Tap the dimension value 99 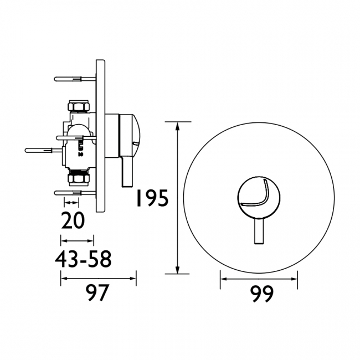pyautogui.click(x=259, y=294)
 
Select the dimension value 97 pyautogui.click(x=98, y=293)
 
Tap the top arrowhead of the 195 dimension pyautogui.click(x=178, y=126)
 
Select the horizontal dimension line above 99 pyautogui.click(x=259, y=278)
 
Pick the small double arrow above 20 pyautogui.click(x=71, y=203)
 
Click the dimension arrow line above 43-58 pyautogui.click(x=77, y=241)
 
